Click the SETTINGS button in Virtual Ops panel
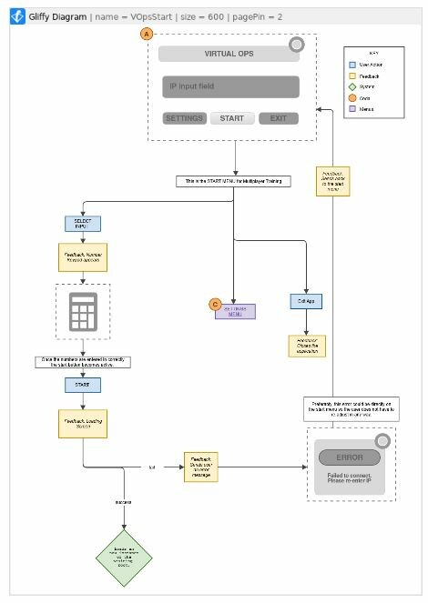click(x=184, y=118)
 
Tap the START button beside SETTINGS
click(x=232, y=118)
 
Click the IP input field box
click(x=229, y=87)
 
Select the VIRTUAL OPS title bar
click(x=229, y=54)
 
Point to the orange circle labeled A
click(x=147, y=34)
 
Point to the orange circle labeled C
click(x=215, y=304)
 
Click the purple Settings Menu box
click(x=234, y=311)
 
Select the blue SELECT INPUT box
click(x=82, y=223)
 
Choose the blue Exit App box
click(x=306, y=301)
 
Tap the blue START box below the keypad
click(x=82, y=385)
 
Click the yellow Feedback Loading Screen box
click(x=83, y=422)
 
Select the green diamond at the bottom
click(x=124, y=557)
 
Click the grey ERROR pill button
click(x=349, y=457)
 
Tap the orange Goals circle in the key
click(x=353, y=98)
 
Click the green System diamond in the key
click(x=353, y=87)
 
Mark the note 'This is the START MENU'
click(x=234, y=182)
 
